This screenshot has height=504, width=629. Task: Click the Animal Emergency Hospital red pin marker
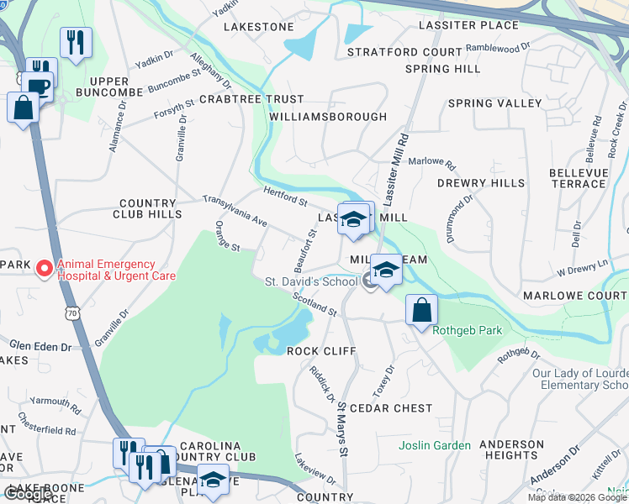pos(43,269)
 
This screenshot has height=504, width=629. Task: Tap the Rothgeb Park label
pos(467,330)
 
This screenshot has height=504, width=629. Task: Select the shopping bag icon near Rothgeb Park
pos(421,310)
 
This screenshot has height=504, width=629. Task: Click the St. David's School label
pos(311,281)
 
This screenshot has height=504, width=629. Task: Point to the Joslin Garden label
pos(434,445)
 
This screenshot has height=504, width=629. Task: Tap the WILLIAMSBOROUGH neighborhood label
pos(329,117)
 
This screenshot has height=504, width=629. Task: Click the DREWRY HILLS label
pos(480,182)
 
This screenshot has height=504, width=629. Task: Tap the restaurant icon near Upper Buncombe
pos(76,41)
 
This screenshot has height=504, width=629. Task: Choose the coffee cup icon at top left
pos(39,85)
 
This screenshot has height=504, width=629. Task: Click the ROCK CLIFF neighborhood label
pos(321,350)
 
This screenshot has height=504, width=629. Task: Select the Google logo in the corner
pos(28,495)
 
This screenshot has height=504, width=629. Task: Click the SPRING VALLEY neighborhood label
pos(494,103)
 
